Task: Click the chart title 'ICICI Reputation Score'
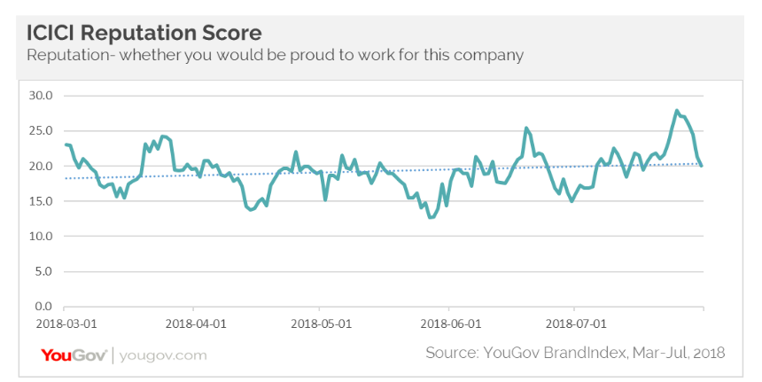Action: click(144, 33)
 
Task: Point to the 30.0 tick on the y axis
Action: click(42, 95)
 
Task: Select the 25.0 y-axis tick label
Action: click(42, 130)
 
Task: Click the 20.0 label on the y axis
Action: click(42, 166)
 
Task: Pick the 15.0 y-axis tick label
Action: click(42, 201)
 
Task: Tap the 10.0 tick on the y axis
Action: click(42, 237)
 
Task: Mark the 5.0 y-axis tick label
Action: click(44, 272)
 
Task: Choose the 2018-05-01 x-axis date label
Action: click(321, 324)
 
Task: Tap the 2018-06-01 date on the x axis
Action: click(448, 324)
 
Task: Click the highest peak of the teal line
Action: click(677, 111)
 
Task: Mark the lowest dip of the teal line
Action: click(431, 217)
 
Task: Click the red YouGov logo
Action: click(74, 355)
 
